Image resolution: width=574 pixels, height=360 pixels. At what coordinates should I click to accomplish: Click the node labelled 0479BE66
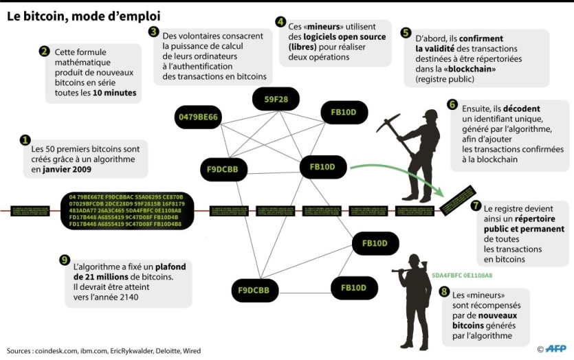click(198, 117)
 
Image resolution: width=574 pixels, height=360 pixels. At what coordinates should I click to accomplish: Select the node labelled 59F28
click(271, 99)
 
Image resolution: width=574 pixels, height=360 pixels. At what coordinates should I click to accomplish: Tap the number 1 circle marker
click(26, 139)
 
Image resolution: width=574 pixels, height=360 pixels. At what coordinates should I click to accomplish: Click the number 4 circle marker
click(280, 21)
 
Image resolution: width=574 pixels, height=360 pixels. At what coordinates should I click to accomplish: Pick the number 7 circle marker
click(476, 205)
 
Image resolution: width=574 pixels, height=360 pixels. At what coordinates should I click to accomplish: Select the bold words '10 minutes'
click(113, 92)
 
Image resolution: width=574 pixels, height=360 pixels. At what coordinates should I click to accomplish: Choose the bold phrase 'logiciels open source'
click(337, 36)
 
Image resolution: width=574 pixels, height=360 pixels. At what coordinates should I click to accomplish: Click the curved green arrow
click(399, 174)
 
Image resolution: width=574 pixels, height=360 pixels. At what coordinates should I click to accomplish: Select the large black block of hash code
click(126, 210)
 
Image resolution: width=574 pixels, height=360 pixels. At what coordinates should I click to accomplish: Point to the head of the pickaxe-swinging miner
click(431, 115)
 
